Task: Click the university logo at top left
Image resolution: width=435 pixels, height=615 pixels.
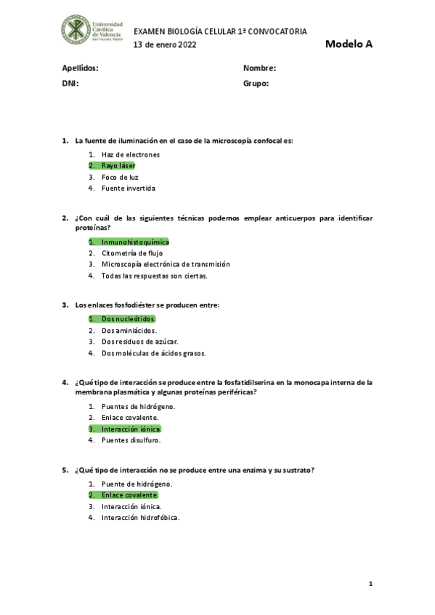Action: (92, 30)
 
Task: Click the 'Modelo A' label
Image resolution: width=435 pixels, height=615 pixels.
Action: (349, 44)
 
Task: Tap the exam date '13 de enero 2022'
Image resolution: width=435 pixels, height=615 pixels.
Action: (165, 45)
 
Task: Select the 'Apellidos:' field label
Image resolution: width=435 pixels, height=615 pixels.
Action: (80, 68)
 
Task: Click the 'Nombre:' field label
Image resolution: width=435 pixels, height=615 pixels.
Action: (259, 68)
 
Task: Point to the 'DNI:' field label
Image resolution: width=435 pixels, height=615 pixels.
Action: (70, 83)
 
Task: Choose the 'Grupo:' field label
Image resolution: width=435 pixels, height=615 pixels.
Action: (256, 83)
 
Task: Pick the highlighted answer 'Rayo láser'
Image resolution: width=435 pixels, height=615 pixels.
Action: (118, 165)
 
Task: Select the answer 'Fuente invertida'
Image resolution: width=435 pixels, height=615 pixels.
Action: (129, 189)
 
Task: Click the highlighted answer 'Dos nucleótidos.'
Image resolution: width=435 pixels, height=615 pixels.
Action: (129, 318)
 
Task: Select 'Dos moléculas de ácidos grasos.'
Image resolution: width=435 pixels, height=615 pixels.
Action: (154, 353)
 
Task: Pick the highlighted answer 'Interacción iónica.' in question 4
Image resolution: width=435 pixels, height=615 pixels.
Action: (131, 429)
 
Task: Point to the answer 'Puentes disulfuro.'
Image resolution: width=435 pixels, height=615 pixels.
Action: (131, 440)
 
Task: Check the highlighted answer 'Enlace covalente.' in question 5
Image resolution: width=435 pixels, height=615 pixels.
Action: (130, 495)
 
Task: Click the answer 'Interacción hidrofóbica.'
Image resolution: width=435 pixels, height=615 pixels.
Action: (140, 518)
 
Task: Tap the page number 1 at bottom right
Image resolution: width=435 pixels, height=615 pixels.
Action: (370, 583)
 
